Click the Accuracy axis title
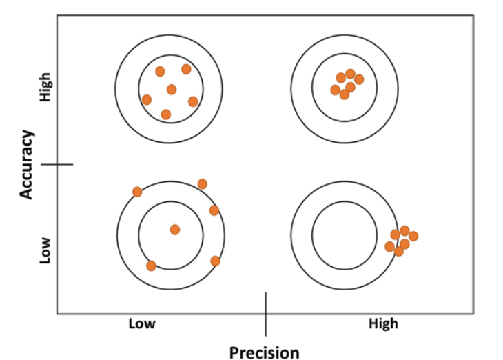pos(27,165)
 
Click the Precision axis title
pos(265,352)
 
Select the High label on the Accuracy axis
pos(46,88)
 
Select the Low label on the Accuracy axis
pos(46,252)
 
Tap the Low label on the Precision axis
pos(142,323)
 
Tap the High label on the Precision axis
pos(383,323)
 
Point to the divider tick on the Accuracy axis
pos(57,164)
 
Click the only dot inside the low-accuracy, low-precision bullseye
pos(175,229)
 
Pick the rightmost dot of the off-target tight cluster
pos(413,236)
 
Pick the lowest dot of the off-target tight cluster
pos(398,251)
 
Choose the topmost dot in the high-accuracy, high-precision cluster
pos(350,74)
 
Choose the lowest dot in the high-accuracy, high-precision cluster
pos(344,94)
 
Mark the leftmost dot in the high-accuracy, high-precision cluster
pos(336,90)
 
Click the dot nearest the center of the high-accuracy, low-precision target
pos(172,89)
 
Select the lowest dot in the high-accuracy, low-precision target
pos(165,114)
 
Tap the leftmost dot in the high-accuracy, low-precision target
pos(147,99)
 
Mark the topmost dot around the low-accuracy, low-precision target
pos(202,183)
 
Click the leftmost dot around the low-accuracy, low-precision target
pos(137,191)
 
